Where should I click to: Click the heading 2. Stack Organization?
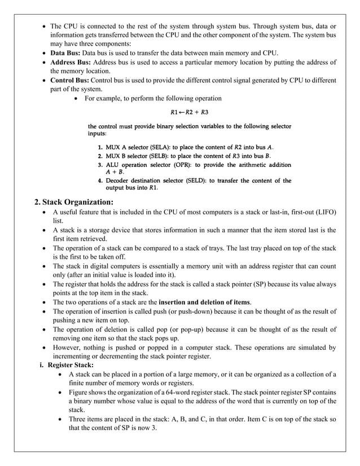coord(74,201)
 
